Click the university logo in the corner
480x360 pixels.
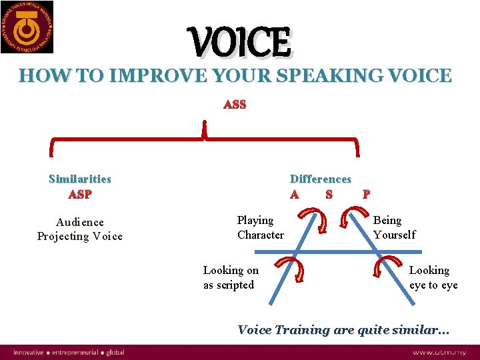pos(27,27)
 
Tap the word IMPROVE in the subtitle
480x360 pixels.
pos(146,75)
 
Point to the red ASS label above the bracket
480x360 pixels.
pos(235,105)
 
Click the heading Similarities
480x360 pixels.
pos(80,179)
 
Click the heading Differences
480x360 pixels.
pos(321,179)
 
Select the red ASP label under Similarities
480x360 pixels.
pos(80,195)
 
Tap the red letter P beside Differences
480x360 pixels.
pos(365,195)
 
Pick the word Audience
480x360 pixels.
pos(80,222)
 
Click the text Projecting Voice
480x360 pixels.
pos(80,237)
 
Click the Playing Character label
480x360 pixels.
pos(260,227)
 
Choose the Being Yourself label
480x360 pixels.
pos(394,227)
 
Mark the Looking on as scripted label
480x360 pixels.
pos(231,277)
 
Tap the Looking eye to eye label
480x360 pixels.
pos(433,277)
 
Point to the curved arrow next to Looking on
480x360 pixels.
pos(291,272)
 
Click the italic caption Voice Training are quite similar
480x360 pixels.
pos(343,330)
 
